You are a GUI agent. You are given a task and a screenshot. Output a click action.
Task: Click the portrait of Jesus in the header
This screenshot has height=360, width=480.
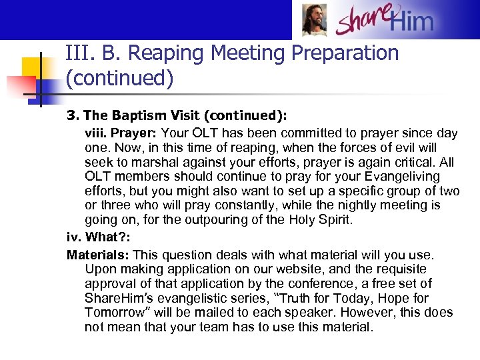[314, 20]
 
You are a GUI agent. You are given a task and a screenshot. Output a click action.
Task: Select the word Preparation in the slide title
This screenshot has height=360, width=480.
[334, 53]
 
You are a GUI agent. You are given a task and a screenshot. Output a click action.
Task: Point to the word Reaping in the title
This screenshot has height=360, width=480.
[159, 53]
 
